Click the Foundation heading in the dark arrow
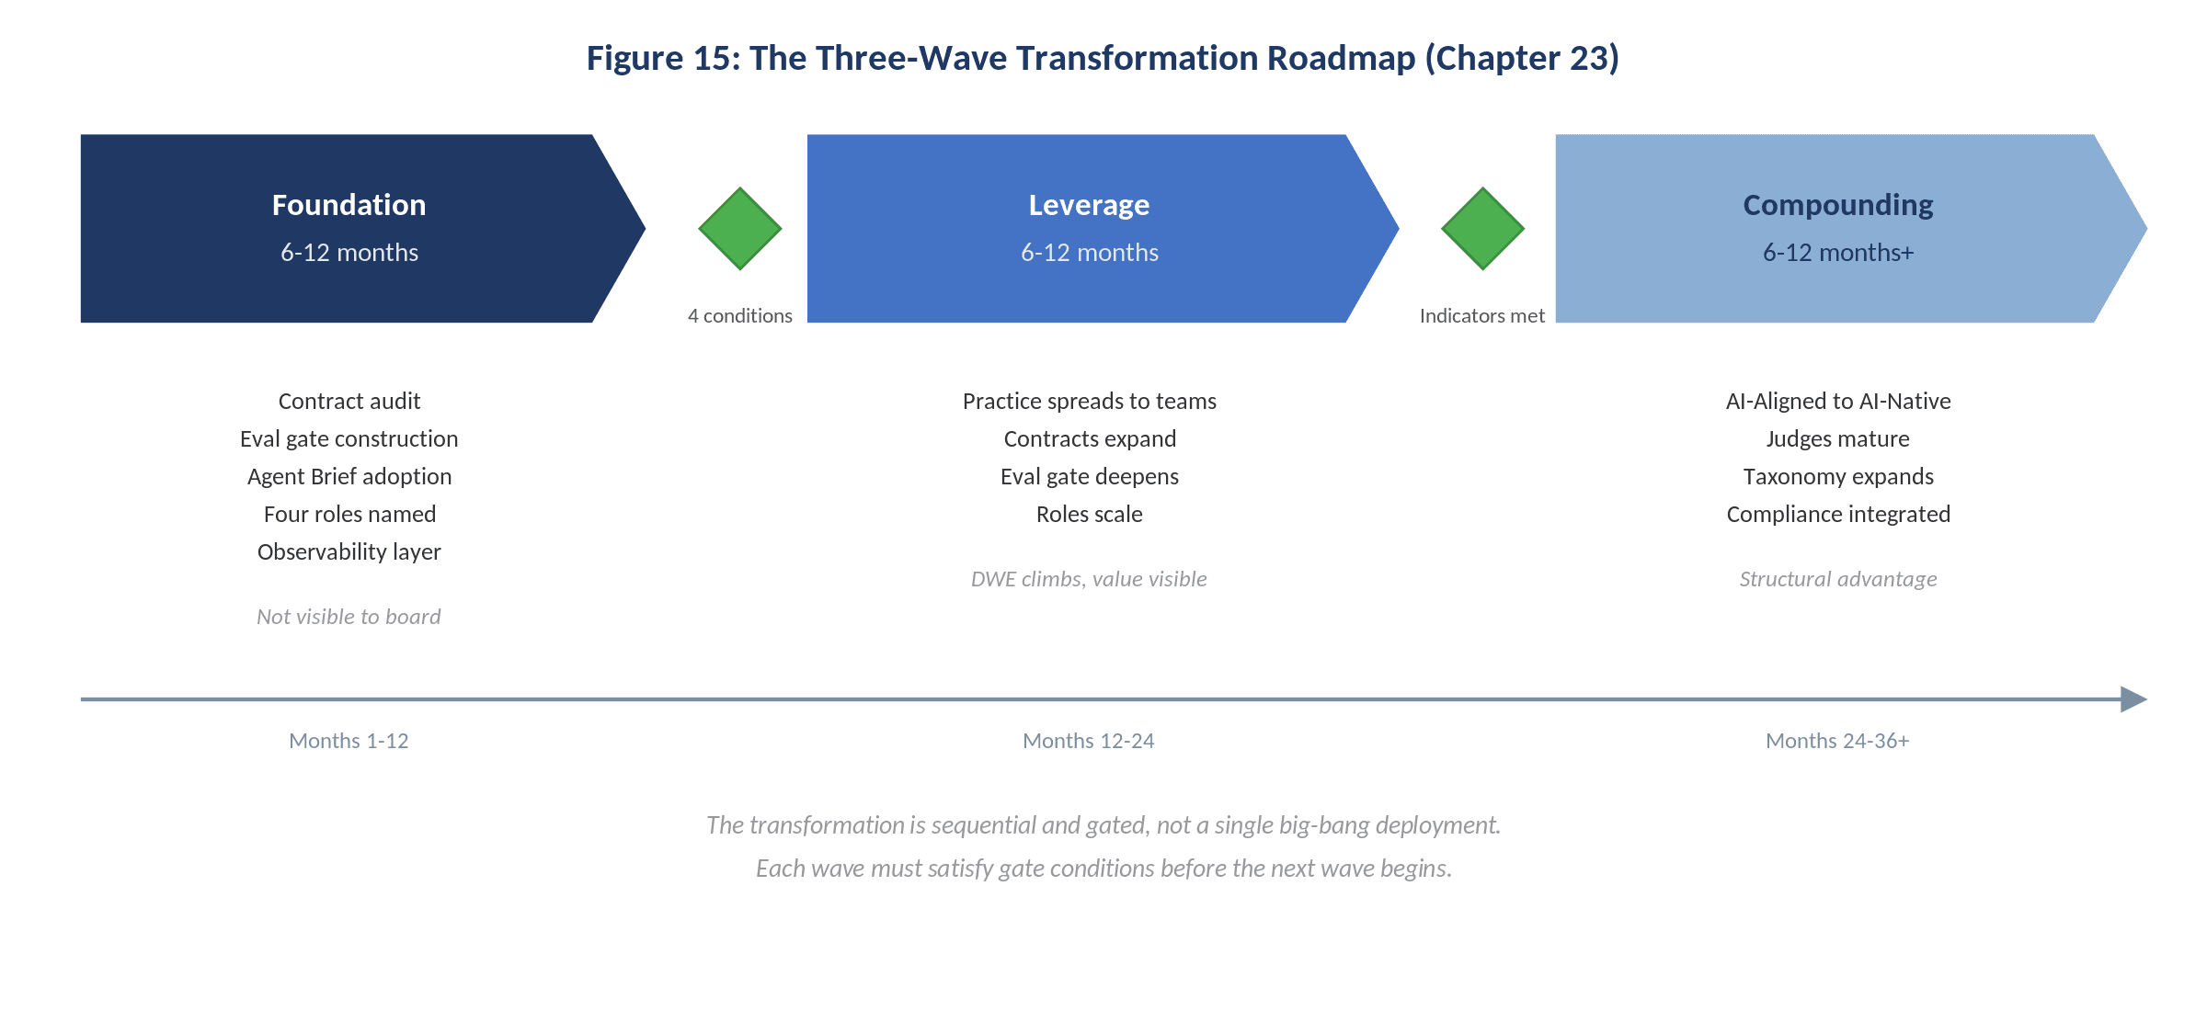point(349,205)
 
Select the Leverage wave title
point(1089,205)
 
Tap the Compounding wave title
point(1837,205)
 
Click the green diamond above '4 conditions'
point(740,229)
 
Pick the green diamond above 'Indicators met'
point(1482,229)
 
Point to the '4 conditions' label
point(740,316)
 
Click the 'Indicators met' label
point(1481,316)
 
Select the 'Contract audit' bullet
point(349,402)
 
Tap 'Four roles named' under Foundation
point(349,515)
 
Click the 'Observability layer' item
point(349,552)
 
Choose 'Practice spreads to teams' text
point(1089,402)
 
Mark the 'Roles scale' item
point(1089,515)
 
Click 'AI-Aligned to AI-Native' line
point(1837,402)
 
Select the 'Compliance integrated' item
point(1837,515)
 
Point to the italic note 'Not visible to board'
point(349,617)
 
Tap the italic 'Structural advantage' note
point(1837,579)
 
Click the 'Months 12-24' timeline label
point(1088,741)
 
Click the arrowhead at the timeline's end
point(2133,699)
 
